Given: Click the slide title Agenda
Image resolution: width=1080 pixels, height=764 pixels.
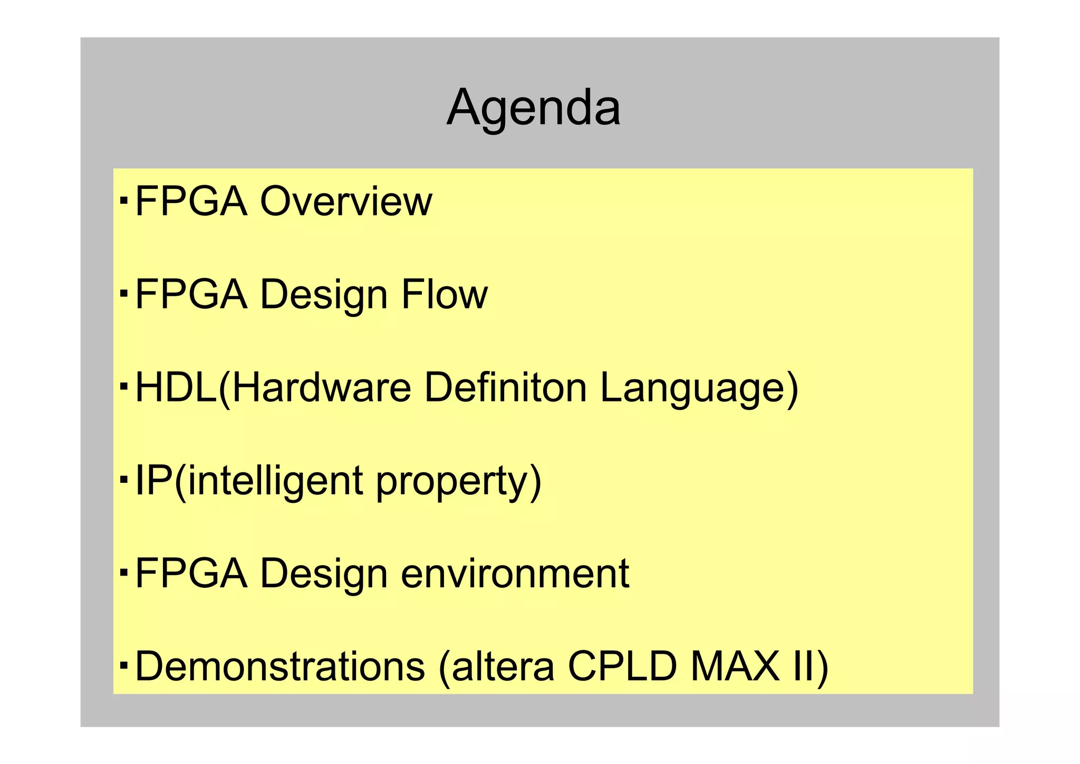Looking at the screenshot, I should tap(533, 108).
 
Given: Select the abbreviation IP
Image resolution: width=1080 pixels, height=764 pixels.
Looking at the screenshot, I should tap(153, 480).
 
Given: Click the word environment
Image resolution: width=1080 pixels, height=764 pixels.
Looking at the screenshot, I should tap(515, 574).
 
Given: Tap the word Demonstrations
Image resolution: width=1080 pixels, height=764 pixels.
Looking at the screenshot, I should tap(280, 666).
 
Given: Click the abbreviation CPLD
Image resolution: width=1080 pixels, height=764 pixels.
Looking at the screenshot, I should tap(622, 666).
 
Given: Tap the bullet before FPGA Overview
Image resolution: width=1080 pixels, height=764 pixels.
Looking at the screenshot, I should tap(123, 200).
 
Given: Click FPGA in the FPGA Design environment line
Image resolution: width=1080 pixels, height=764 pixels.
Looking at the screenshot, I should tap(191, 574).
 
